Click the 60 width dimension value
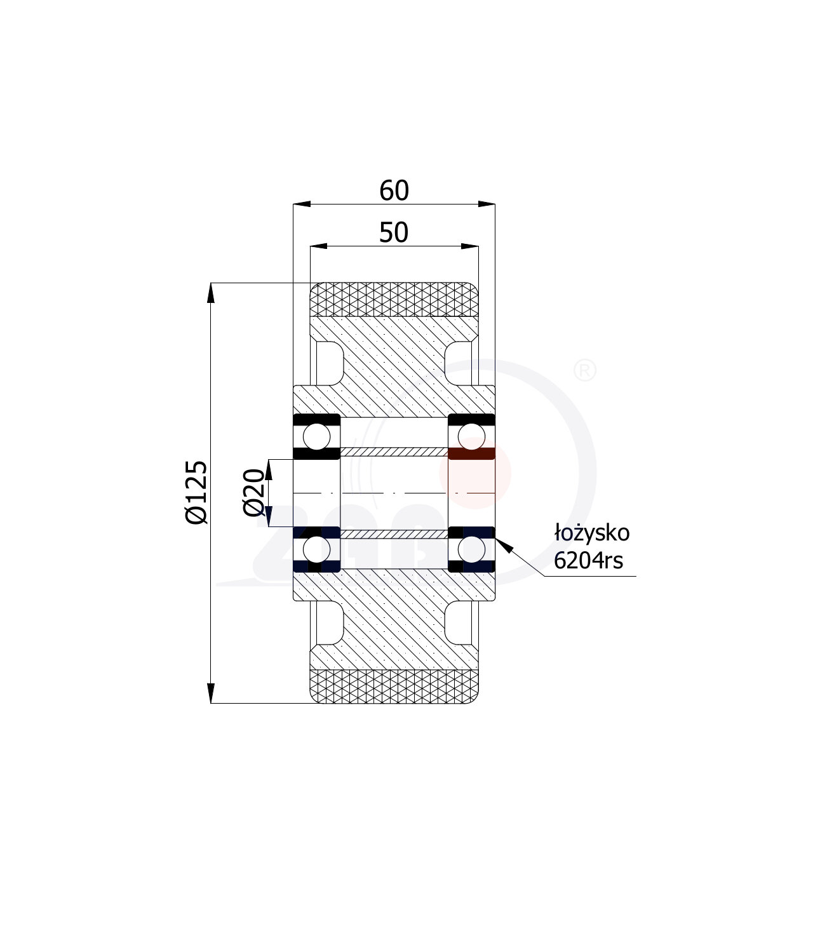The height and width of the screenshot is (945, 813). (394, 191)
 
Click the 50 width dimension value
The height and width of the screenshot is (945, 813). (394, 232)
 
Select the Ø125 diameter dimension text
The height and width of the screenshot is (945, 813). (196, 492)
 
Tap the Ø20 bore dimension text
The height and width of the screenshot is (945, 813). (254, 492)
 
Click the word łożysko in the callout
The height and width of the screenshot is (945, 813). (592, 533)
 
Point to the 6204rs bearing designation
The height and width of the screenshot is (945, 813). (588, 560)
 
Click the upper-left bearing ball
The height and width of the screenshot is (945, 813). (316, 436)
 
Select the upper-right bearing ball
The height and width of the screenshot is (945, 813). (471, 436)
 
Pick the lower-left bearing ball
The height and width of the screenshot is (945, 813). (316, 549)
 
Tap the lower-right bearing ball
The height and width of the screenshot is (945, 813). (471, 549)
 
